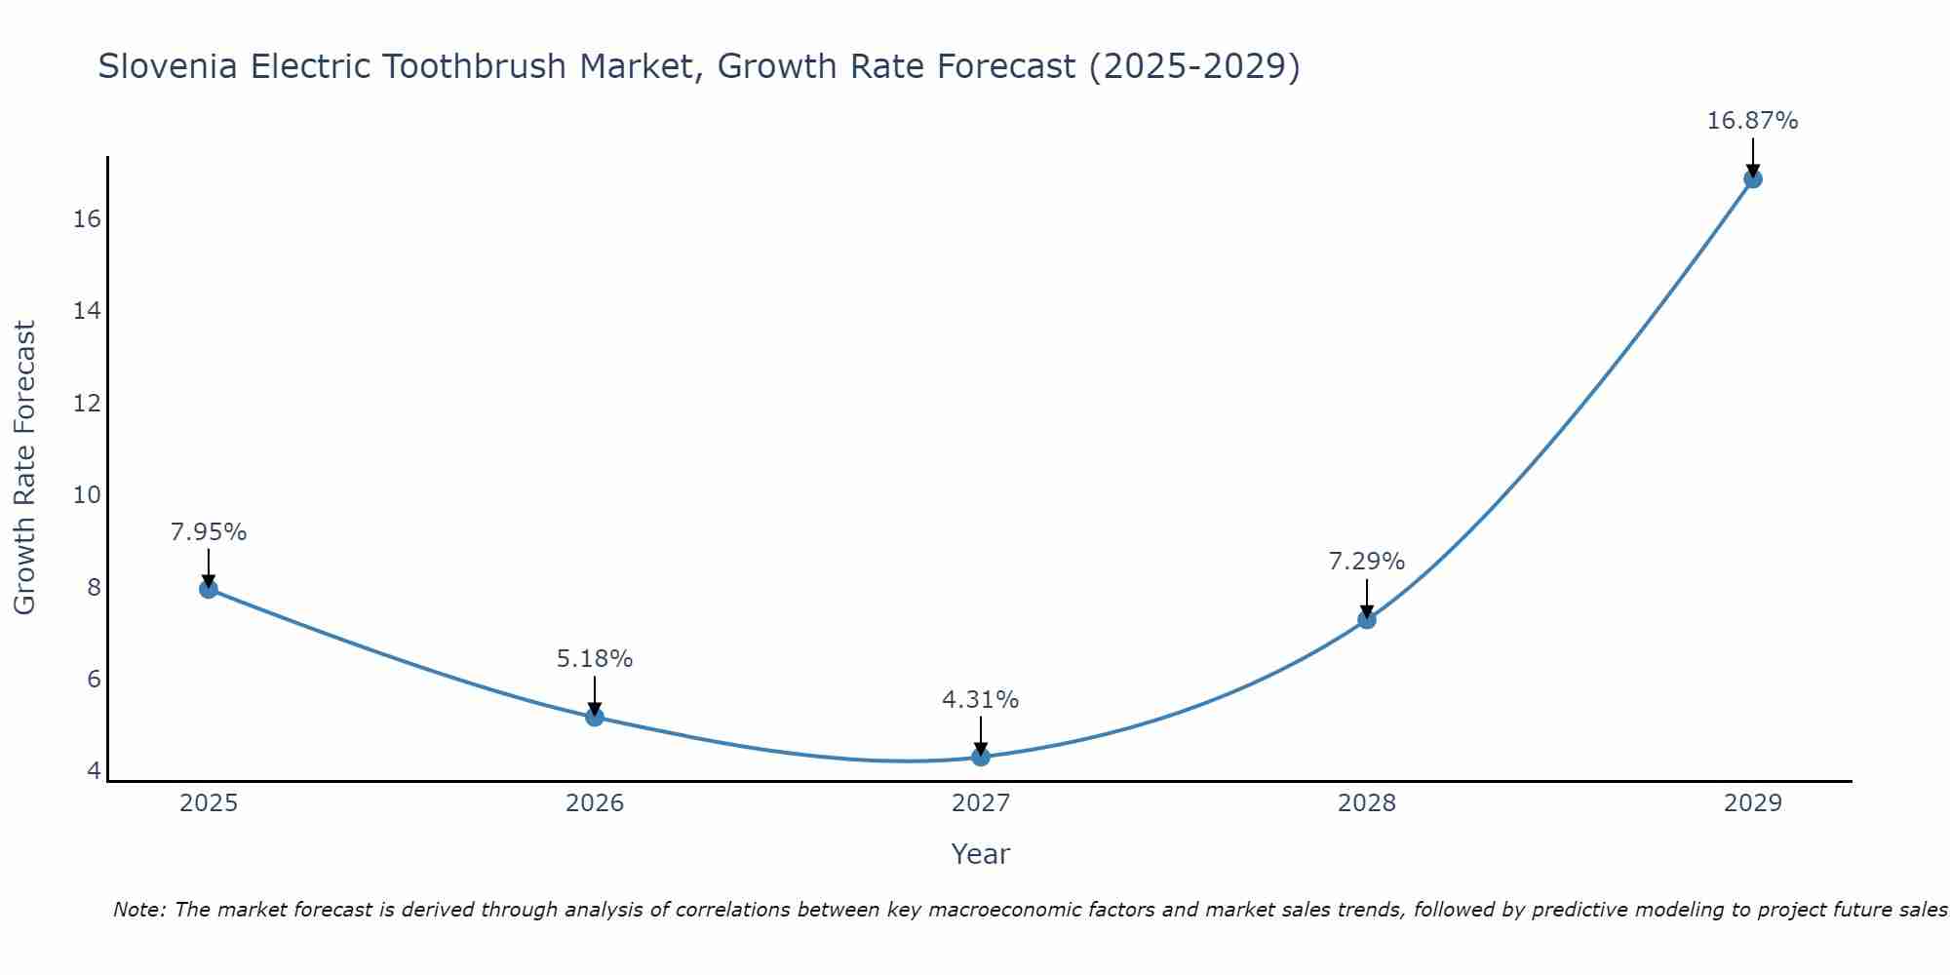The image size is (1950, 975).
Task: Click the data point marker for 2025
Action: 209,589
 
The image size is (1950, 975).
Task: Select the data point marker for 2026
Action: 595,718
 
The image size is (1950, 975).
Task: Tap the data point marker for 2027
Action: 981,757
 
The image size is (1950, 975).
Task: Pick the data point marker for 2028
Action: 1367,619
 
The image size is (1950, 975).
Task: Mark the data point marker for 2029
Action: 1753,179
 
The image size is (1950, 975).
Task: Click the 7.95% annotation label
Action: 209,532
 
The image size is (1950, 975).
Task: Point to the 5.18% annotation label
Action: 595,659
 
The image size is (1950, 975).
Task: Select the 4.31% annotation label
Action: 981,700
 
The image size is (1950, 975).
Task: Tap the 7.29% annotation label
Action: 1367,562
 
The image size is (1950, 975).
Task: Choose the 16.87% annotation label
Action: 1752,121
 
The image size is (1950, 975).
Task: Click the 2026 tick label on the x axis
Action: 595,803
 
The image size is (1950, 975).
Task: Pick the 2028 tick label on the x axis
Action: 1367,803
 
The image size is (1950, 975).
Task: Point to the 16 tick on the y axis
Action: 88,218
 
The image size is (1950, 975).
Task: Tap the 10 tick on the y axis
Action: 88,494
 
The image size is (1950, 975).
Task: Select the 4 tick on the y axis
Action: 94,770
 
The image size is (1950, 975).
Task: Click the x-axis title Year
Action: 981,854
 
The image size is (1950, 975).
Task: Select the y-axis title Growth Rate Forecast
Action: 25,468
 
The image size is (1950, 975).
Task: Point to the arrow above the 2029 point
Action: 1753,156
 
